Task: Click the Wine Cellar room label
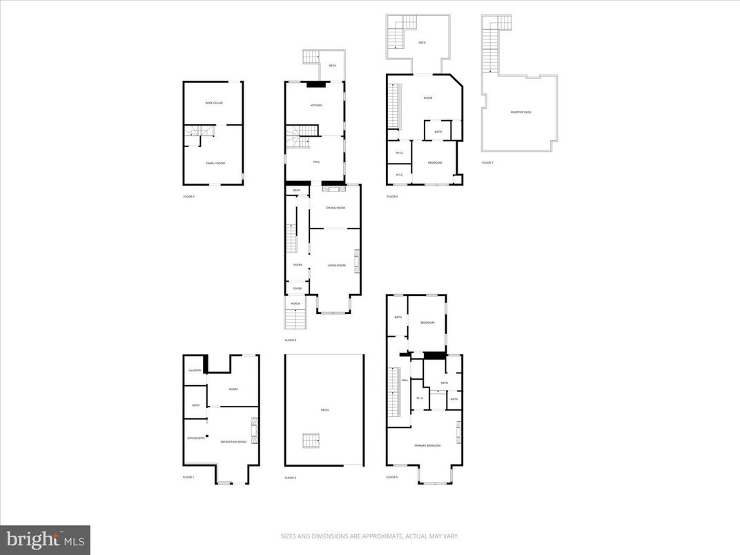(x=214, y=103)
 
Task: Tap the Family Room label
(x=215, y=163)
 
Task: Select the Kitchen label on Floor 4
(x=316, y=106)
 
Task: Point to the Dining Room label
(x=335, y=208)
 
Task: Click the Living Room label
(x=335, y=265)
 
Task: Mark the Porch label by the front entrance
(x=295, y=304)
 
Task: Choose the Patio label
(x=324, y=410)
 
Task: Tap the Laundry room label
(x=195, y=371)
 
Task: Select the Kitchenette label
(x=195, y=438)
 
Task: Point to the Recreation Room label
(x=233, y=441)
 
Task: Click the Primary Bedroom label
(x=427, y=445)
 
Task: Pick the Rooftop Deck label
(x=521, y=112)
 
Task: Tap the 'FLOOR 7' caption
(x=488, y=163)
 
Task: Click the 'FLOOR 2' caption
(x=189, y=197)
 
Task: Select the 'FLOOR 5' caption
(x=392, y=477)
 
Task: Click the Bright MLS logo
(x=45, y=538)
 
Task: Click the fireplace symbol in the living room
(x=357, y=261)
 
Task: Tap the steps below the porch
(x=295, y=320)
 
